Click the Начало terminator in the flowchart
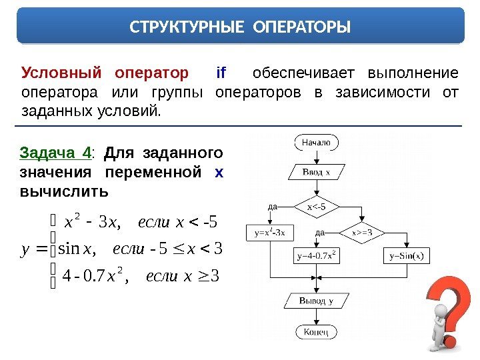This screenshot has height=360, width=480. [316, 142]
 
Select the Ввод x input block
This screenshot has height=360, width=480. [316, 172]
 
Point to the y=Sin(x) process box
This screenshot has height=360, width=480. [406, 255]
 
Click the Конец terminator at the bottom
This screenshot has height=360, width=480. [316, 331]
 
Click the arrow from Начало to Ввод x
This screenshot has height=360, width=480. [316, 157]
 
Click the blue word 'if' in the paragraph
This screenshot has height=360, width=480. [221, 72]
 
